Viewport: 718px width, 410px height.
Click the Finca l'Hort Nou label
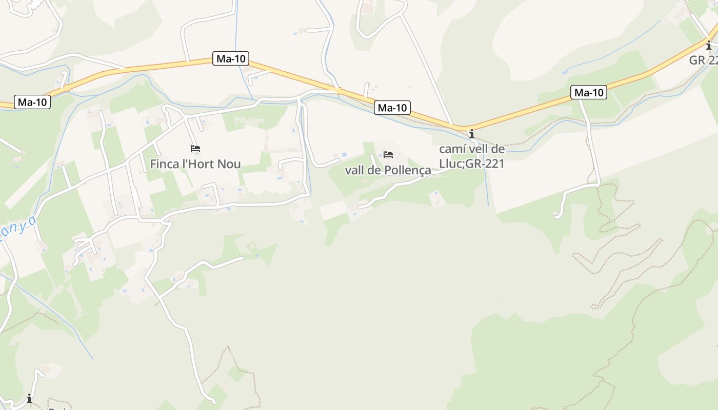coord(195,164)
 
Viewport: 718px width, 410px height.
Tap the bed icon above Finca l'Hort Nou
coord(195,149)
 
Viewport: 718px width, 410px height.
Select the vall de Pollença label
coord(388,170)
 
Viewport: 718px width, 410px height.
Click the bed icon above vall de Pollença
coord(388,154)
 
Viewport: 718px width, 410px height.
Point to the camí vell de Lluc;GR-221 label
coord(472,156)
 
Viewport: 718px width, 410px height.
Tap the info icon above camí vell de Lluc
coord(472,134)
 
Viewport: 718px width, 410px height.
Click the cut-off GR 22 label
coord(704,60)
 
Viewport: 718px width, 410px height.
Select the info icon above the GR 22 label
coord(709,45)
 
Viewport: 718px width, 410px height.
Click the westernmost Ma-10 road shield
coord(32,102)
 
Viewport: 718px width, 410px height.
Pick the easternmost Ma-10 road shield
coord(589,93)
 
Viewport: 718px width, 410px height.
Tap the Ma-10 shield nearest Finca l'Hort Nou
coord(231,58)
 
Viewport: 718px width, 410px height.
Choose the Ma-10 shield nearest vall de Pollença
coord(392,108)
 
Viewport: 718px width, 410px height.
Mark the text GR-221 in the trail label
coord(485,163)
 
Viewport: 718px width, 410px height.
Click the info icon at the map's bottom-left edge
coord(29,398)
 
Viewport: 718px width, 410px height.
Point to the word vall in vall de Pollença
coord(354,170)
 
